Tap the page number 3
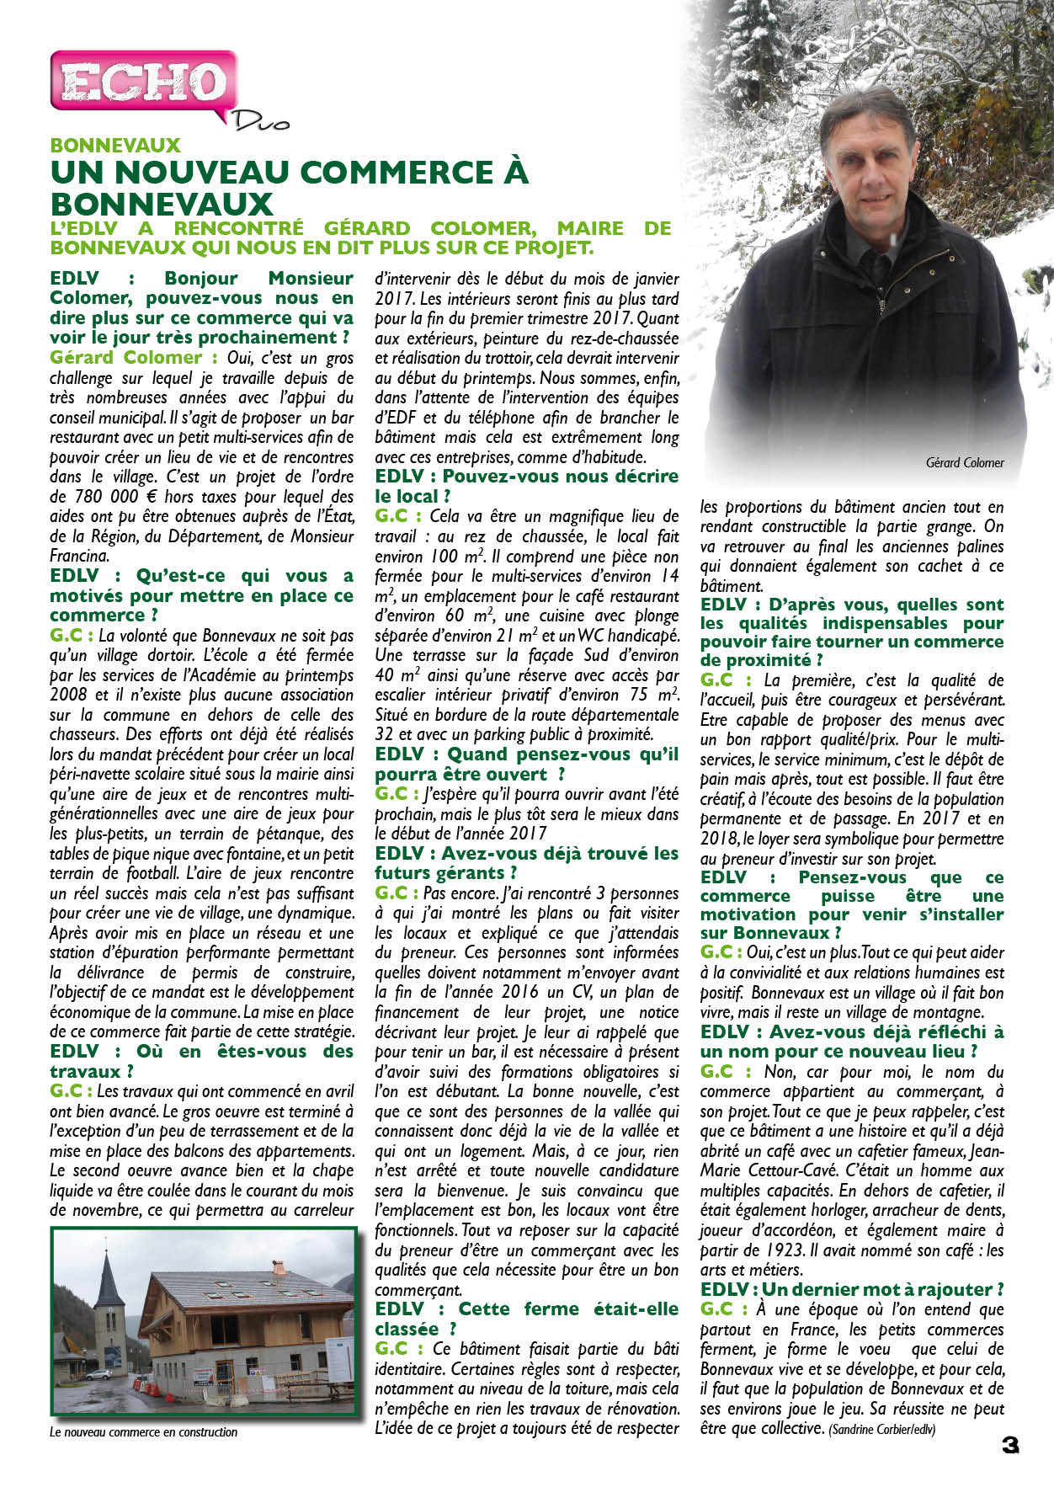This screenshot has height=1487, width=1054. [1010, 1445]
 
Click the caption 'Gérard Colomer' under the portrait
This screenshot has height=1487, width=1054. [964, 462]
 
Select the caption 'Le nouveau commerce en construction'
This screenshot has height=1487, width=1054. [144, 1431]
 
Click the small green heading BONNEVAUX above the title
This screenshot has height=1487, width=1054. [115, 146]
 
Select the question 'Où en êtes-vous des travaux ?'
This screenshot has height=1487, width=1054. [201, 1061]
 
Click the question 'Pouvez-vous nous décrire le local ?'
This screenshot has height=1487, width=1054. [526, 486]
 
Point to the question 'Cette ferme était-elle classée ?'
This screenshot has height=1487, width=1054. [526, 1319]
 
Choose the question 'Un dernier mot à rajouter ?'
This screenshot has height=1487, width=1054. [852, 1289]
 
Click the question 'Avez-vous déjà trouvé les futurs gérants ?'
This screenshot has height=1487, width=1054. [526, 862]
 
